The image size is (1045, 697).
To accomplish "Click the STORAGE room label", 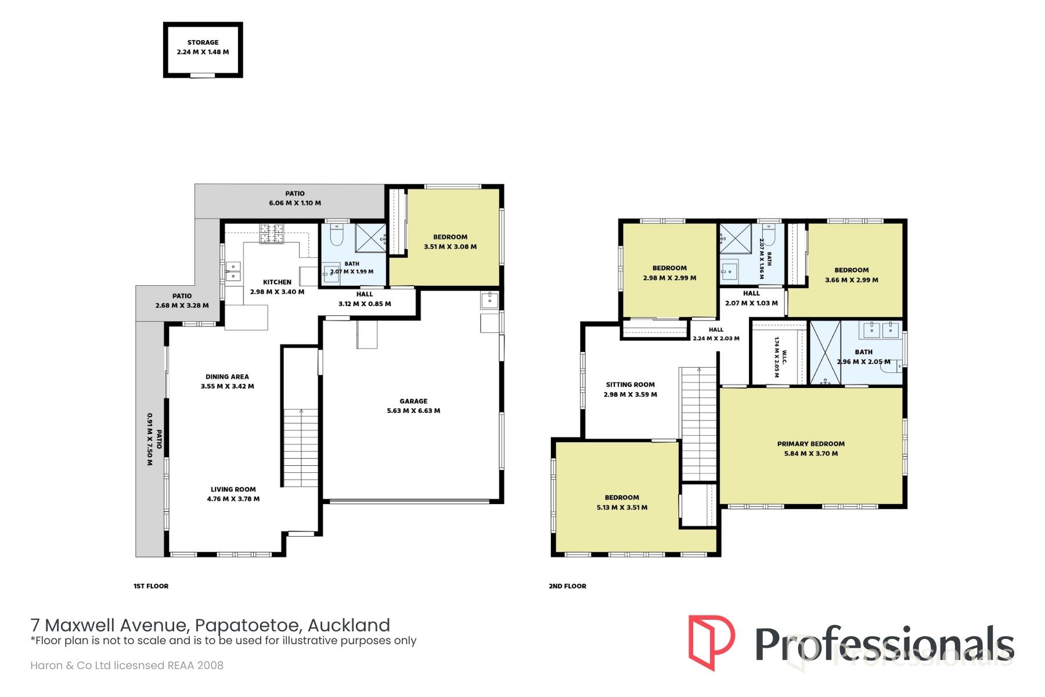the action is (x=203, y=42).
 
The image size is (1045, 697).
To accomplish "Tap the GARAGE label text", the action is (x=413, y=401).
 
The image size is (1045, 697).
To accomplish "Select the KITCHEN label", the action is (x=277, y=282).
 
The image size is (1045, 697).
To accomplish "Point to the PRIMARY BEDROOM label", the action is (x=811, y=444).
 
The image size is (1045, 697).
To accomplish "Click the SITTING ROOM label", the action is (x=630, y=385).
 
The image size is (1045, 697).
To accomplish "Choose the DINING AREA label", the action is (x=227, y=376).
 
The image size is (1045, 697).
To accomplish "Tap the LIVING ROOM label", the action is (x=233, y=489).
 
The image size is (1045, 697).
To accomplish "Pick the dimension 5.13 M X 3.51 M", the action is (x=622, y=508).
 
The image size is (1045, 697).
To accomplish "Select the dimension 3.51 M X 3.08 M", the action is (x=451, y=247).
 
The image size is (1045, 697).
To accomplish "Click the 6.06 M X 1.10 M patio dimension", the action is (x=295, y=203).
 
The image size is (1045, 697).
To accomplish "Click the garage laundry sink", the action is (x=489, y=300).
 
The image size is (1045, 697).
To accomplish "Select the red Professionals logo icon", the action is (x=711, y=643).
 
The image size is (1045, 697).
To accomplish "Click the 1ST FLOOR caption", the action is (x=151, y=586).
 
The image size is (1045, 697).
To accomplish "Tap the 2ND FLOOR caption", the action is (x=567, y=586).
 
